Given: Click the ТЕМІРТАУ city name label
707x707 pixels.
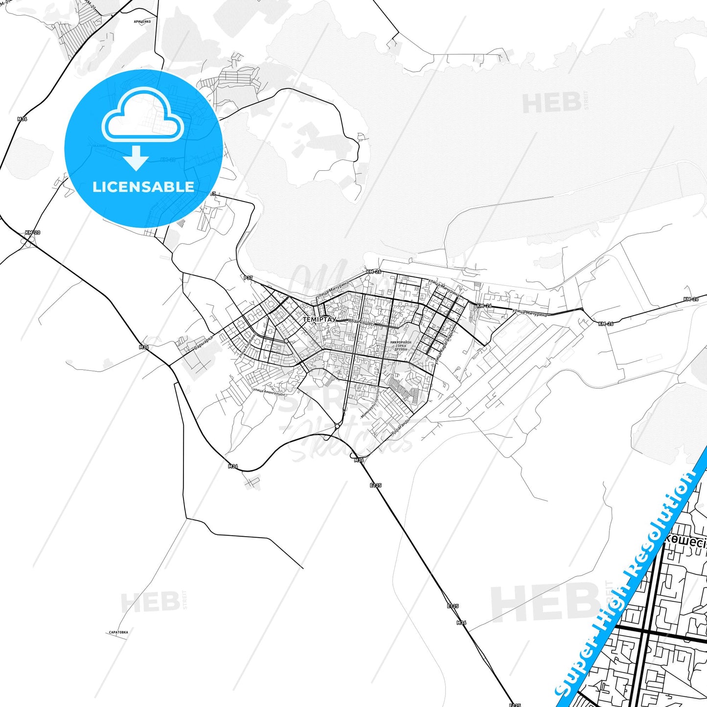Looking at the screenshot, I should click(319, 319).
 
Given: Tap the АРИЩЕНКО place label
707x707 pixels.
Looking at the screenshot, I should click(142, 22).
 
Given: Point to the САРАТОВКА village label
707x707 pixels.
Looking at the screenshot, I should click(118, 632).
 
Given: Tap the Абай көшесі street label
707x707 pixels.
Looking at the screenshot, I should click(361, 323).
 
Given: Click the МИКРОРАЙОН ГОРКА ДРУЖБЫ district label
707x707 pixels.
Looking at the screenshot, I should click(401, 346).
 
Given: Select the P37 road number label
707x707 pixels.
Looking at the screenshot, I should click(248, 278).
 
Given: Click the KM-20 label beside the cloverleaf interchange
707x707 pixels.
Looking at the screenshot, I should click(33, 233).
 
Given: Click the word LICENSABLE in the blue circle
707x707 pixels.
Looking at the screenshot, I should click(143, 187).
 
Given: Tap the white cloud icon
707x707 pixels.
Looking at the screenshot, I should click(142, 116).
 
